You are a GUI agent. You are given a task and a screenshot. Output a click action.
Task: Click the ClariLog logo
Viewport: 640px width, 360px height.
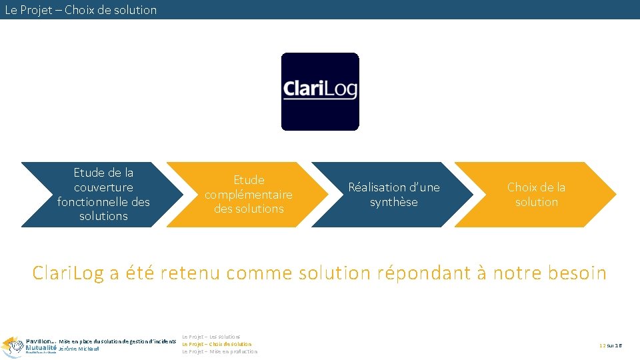pyautogui.click(x=320, y=91)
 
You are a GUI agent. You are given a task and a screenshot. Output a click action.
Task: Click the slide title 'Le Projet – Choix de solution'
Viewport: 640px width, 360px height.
pyautogui.click(x=81, y=10)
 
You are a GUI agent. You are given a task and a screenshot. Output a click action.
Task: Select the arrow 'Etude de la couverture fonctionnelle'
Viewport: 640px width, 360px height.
pyautogui.click(x=103, y=194)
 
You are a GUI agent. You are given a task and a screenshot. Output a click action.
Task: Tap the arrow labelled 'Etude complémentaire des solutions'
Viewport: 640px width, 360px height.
pyautogui.click(x=248, y=194)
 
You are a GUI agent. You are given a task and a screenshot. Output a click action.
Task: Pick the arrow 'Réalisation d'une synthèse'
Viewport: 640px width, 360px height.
pyautogui.click(x=393, y=194)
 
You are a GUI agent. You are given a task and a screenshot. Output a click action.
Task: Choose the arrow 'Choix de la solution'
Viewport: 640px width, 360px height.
pyautogui.click(x=536, y=194)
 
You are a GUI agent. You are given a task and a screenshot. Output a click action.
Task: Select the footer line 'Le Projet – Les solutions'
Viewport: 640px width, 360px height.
pyautogui.click(x=211, y=337)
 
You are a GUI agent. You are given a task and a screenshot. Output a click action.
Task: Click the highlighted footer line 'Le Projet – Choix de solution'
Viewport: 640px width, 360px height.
pyautogui.click(x=217, y=344)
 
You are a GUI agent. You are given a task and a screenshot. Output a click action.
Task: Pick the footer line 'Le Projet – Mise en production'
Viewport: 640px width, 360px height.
pyautogui.click(x=219, y=351)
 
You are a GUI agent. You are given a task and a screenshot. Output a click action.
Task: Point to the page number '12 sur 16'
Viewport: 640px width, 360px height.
pyautogui.click(x=610, y=345)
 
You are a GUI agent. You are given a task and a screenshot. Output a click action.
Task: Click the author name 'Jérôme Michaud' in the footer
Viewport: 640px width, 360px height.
pyautogui.click(x=79, y=349)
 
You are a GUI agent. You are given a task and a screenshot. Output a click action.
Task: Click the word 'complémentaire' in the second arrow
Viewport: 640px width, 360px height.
pyautogui.click(x=248, y=195)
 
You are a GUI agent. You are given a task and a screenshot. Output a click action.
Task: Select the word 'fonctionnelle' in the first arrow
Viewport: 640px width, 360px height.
pyautogui.click(x=103, y=202)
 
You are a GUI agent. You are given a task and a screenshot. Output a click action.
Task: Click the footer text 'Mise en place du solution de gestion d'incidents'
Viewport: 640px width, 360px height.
pyautogui.click(x=117, y=341)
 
